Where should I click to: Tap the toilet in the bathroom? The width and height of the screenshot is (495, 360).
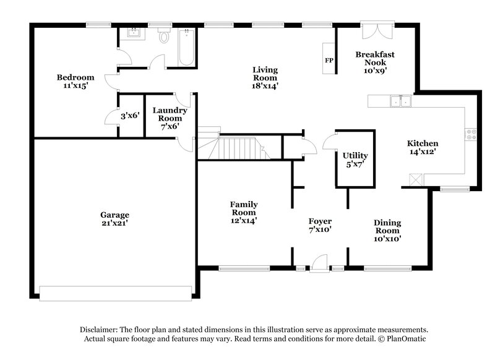(x=164, y=36)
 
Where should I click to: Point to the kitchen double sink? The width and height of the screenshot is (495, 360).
(x=401, y=101)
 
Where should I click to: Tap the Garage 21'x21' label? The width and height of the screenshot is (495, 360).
(x=114, y=220)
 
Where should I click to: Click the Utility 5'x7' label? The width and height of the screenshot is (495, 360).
(x=355, y=160)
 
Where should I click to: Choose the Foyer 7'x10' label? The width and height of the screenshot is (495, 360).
(x=320, y=225)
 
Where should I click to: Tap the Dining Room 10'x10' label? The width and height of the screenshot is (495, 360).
(x=387, y=230)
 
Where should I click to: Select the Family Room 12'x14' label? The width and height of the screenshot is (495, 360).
(x=244, y=212)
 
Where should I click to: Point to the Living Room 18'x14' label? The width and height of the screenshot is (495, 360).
(x=265, y=78)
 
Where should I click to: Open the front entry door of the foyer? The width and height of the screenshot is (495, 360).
(x=320, y=265)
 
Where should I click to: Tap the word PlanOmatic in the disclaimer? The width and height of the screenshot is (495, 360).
(x=406, y=339)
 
